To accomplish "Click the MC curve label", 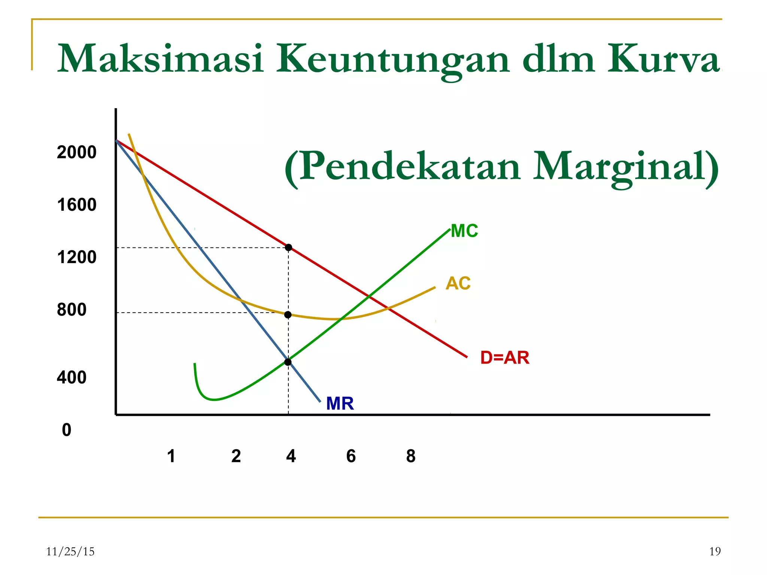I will tap(464, 231).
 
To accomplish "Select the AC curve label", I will tap(458, 283).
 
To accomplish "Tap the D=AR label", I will tap(504, 358).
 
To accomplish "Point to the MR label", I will tap(340, 404).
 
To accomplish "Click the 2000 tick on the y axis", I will tap(76, 152).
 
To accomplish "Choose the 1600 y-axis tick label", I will tap(76, 205).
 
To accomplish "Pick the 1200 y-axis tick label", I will tap(76, 257).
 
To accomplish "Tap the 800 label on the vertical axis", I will tap(72, 310).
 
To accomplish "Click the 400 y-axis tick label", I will tap(72, 377).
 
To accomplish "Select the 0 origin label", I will tap(67, 430).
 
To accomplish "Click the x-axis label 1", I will tap(171, 456).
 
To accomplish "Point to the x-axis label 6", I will tap(351, 456).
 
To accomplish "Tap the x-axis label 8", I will tap(411, 456).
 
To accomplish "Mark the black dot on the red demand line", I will tap(288, 247).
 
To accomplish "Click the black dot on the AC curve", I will tap(288, 315).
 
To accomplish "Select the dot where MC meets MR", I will tap(288, 362).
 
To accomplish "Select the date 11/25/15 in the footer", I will tap(70, 551).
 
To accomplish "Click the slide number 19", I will tap(715, 551).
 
